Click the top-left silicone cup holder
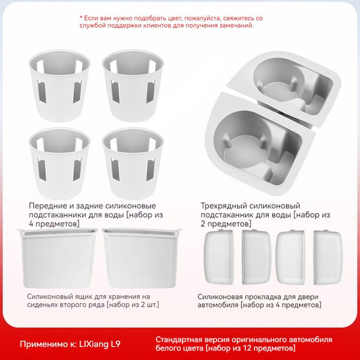click(59, 86)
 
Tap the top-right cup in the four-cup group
click(133, 86)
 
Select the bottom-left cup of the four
click(59, 163)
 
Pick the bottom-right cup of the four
click(133, 163)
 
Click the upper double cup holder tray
click(284, 87)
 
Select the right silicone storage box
click(141, 257)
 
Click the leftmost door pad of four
click(219, 257)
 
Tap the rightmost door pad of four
click(328, 257)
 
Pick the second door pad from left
click(256, 257)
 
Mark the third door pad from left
click(290, 257)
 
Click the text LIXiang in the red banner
click(94, 344)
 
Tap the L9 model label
click(115, 344)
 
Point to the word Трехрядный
click(224, 206)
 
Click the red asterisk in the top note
click(81, 17)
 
